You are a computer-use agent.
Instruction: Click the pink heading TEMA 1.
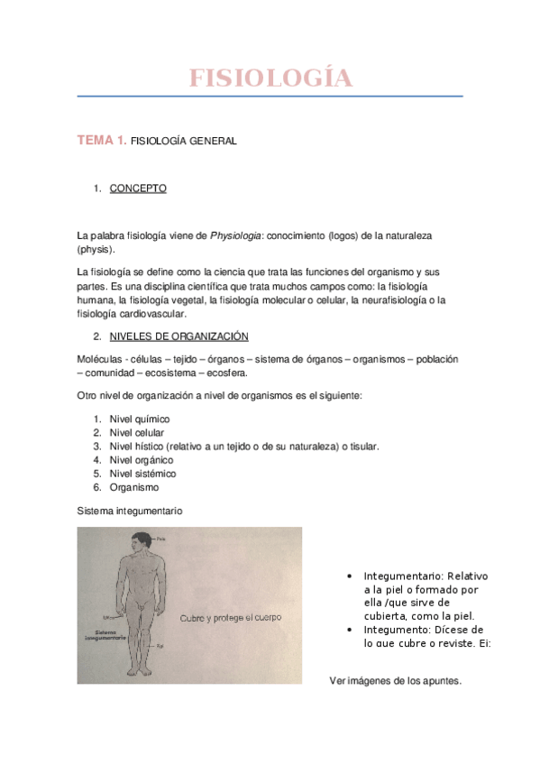101,140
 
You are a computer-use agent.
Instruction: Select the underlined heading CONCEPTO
138,189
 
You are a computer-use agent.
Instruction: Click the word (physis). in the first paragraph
96,248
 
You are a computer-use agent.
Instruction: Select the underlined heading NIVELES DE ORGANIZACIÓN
178,336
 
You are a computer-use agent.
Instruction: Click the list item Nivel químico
139,419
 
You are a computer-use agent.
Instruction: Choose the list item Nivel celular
136,433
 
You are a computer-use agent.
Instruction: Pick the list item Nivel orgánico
141,460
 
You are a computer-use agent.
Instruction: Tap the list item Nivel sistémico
142,474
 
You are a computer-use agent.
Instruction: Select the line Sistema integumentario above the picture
130,511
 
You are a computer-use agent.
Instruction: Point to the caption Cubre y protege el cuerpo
231,618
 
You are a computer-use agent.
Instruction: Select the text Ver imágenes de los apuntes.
396,681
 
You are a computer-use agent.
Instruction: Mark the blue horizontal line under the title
270,96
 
